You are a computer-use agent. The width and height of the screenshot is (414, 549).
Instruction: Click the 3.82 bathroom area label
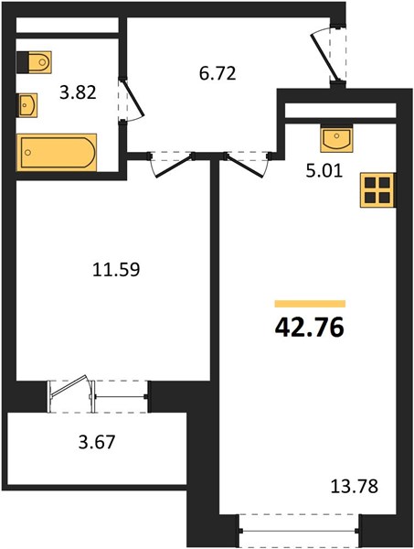(78, 92)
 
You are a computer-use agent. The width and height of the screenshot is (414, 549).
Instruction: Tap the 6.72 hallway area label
(218, 73)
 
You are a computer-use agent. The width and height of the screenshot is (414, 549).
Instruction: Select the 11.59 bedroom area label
(116, 270)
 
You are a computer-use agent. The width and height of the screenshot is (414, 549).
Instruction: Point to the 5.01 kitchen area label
(324, 172)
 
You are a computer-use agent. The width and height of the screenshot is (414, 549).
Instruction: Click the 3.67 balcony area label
(97, 442)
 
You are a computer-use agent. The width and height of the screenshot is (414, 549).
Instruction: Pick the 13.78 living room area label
(355, 487)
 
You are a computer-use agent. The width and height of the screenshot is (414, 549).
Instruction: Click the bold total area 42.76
(310, 328)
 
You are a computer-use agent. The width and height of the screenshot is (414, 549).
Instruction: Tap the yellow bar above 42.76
(310, 304)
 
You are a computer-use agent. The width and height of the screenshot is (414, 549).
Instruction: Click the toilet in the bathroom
(34, 62)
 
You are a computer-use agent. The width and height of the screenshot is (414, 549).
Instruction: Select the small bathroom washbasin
(27, 104)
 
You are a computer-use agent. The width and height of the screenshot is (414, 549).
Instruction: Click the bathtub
(57, 152)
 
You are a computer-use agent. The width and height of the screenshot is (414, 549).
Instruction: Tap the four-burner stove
(377, 190)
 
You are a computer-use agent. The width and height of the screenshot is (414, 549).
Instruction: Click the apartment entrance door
(324, 58)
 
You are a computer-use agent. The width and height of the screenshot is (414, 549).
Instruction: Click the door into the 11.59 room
(173, 166)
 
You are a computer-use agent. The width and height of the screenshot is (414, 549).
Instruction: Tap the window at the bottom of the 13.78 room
(300, 531)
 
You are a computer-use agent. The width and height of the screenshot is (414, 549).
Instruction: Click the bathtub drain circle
(28, 152)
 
